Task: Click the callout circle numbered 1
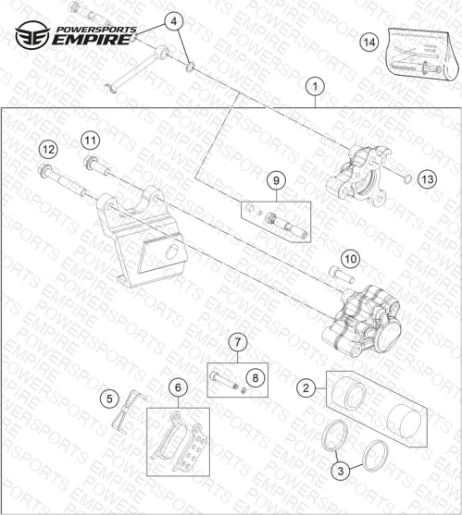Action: click(315, 87)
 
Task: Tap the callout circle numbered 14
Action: click(369, 43)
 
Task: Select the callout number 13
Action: click(428, 179)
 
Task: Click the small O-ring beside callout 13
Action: click(407, 179)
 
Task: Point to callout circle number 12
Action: click(48, 150)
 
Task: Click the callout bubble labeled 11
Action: click(91, 141)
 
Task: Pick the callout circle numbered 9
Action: click(276, 180)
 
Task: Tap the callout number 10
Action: click(350, 259)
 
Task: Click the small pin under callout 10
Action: click(342, 276)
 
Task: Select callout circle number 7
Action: click(237, 342)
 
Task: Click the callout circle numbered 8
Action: click(256, 378)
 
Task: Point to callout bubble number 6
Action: click(178, 387)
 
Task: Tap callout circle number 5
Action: click(109, 399)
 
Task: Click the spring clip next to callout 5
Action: click(127, 411)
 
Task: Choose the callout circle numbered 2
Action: click(306, 388)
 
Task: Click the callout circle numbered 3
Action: click(341, 471)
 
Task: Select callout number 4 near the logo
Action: click(174, 21)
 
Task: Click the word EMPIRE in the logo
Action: click(91, 40)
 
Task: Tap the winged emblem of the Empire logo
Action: click(32, 35)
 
